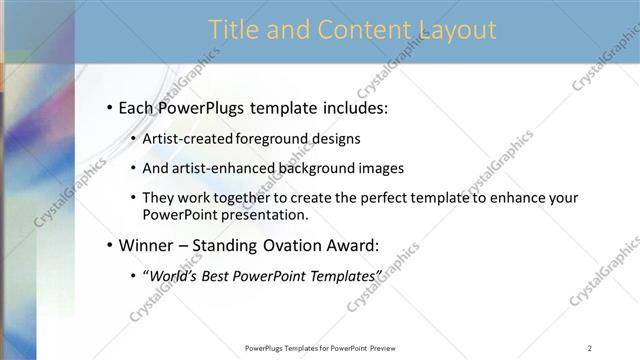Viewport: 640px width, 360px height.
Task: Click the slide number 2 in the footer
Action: click(x=590, y=348)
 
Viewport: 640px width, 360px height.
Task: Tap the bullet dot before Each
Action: click(x=109, y=107)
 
